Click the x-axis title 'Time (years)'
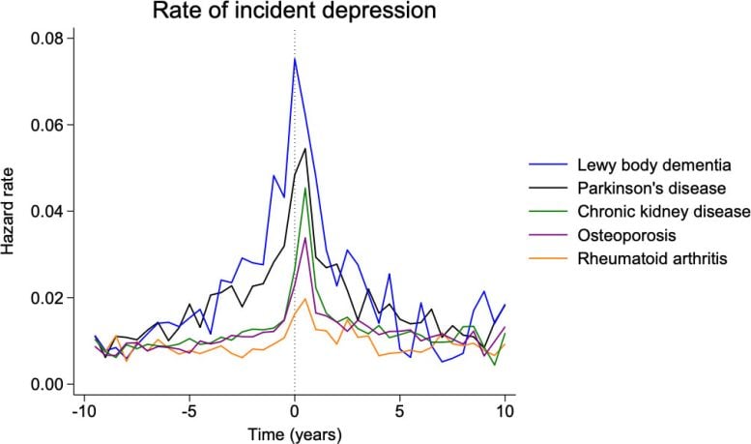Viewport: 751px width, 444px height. point(294,433)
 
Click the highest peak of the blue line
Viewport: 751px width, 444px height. point(295,59)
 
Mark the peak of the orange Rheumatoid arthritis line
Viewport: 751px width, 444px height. point(305,299)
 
